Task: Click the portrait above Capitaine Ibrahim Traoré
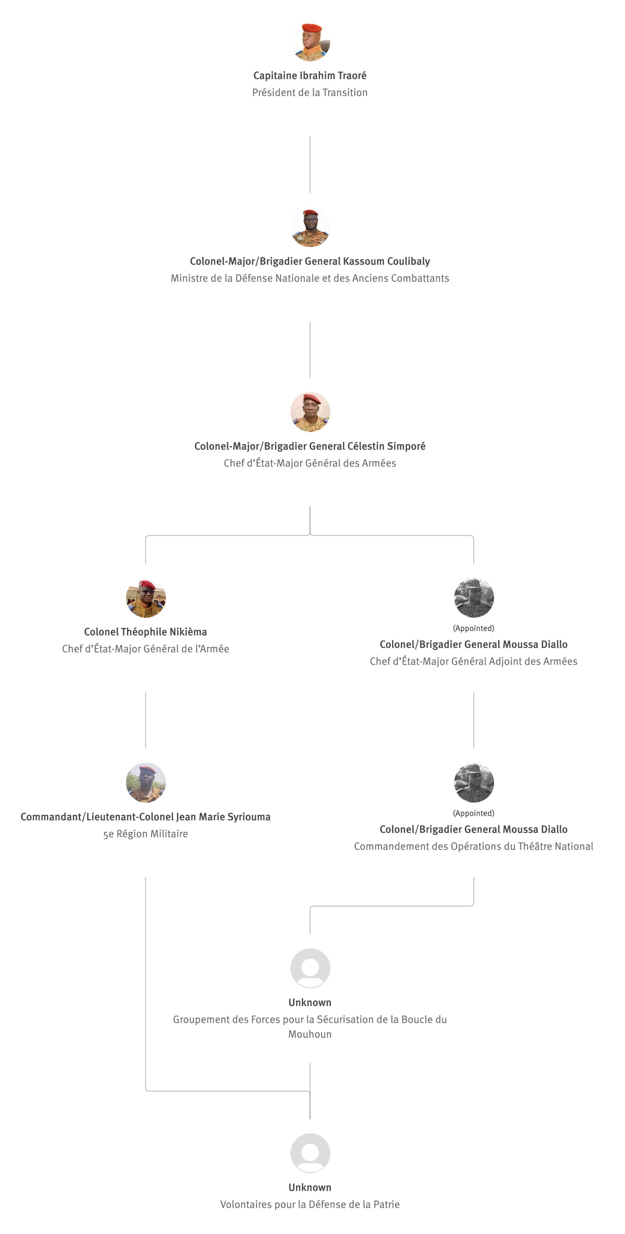pyautogui.click(x=310, y=41)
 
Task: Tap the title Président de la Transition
pyautogui.click(x=310, y=93)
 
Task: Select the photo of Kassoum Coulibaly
pyautogui.click(x=310, y=227)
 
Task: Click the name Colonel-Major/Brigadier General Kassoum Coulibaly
pyautogui.click(x=310, y=261)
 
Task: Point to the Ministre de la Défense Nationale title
pyautogui.click(x=310, y=278)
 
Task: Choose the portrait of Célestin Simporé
pyautogui.click(x=310, y=412)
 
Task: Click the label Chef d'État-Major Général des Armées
pyautogui.click(x=310, y=463)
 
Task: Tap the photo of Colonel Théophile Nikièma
pyautogui.click(x=146, y=598)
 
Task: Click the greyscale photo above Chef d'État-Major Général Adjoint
pyautogui.click(x=473, y=598)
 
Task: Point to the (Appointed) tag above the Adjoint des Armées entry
pyautogui.click(x=473, y=628)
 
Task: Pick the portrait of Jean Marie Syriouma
pyautogui.click(x=146, y=783)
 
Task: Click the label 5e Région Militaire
pyautogui.click(x=145, y=834)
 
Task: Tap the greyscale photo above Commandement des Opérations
pyautogui.click(x=473, y=783)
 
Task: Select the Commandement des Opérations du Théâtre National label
pyautogui.click(x=473, y=847)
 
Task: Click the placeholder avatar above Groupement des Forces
pyautogui.click(x=310, y=968)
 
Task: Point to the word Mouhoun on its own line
pyautogui.click(x=310, y=1034)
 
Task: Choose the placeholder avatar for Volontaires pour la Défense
pyautogui.click(x=310, y=1153)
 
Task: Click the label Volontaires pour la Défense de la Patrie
pyautogui.click(x=310, y=1204)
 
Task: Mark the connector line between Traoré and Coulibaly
pyautogui.click(x=310, y=164)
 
